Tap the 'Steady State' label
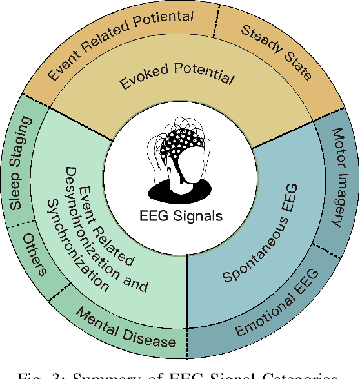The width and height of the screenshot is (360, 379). click(276, 51)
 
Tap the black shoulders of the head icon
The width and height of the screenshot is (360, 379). click(180, 189)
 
